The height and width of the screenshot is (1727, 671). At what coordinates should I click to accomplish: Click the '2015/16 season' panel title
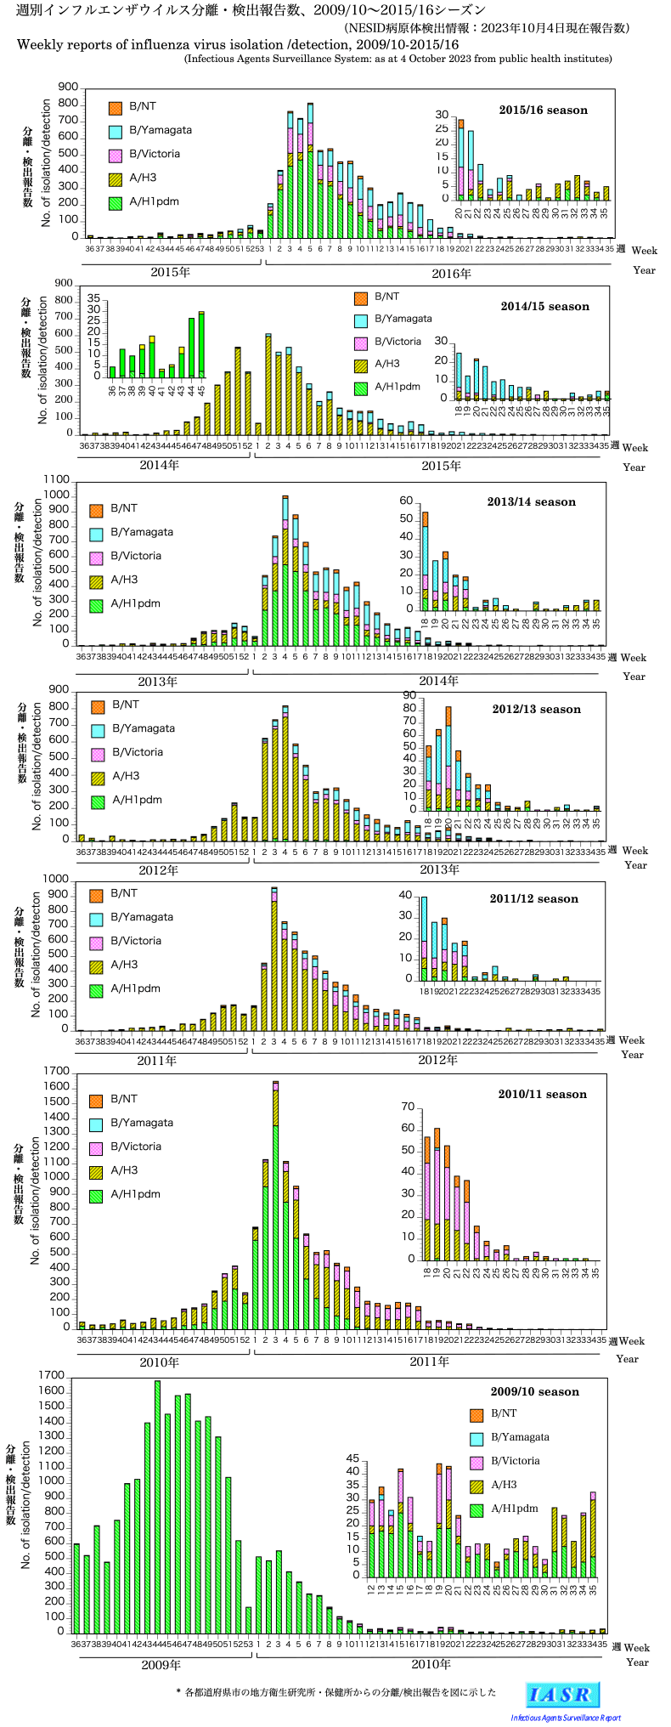coord(543,110)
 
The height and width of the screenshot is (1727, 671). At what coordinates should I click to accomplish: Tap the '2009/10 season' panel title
coord(534,1391)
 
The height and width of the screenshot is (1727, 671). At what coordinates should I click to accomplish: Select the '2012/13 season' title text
coord(536,709)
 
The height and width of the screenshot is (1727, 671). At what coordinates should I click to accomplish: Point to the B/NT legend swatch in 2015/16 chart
coord(116,107)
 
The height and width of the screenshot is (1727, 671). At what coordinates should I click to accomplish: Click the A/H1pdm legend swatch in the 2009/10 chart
coord(476,1509)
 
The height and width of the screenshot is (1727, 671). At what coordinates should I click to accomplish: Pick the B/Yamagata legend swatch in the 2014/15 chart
coord(361,320)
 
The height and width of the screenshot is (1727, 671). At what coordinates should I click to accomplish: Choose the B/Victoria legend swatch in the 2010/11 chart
coord(96,1147)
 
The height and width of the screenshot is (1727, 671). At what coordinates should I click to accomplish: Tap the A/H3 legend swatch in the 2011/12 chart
coord(96,965)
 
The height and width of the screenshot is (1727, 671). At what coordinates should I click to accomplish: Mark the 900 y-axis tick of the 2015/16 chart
coord(69,88)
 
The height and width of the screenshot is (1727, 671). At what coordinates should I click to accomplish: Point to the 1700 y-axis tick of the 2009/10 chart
coord(52,1375)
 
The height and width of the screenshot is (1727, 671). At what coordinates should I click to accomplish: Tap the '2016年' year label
coord(451,274)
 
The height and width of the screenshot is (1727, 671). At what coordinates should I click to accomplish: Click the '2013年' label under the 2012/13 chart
coord(439,869)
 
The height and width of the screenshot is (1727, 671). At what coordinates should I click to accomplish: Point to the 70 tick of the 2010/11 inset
coord(408,1107)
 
